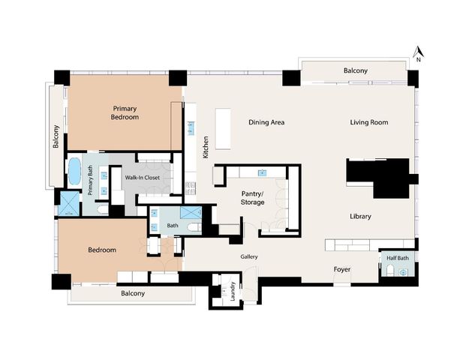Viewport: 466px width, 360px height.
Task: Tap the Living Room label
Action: pos(368,122)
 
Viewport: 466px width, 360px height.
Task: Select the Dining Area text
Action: pos(266,122)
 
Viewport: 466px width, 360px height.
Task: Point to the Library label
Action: pos(360,217)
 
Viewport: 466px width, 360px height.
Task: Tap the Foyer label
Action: pos(342,268)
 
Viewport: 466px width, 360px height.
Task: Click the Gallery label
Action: pos(249,256)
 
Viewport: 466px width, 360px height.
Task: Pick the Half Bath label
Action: pos(397,258)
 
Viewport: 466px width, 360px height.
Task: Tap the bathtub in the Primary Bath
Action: pos(74,172)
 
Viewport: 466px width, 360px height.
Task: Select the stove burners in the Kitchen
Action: pos(191,187)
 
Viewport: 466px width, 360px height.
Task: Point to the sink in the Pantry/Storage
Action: pos(263,172)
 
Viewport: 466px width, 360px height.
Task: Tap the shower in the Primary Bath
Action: pos(68,204)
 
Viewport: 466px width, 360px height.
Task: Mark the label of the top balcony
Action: pos(356,70)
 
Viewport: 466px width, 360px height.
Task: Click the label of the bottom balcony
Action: pos(133,293)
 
